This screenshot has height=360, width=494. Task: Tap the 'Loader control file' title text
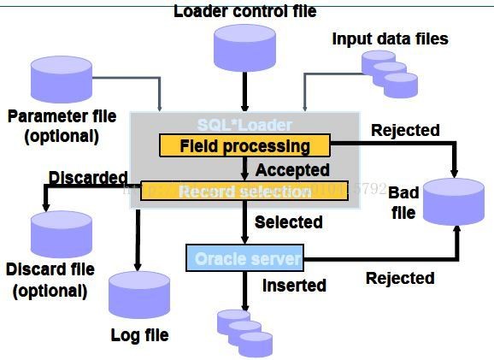tap(244, 11)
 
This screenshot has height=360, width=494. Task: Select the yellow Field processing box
tap(244, 145)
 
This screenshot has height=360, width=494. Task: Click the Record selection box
tap(244, 191)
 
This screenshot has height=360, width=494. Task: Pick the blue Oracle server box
tap(244, 257)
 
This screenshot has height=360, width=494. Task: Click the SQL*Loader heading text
tap(244, 125)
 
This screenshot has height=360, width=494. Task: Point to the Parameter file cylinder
tap(62, 78)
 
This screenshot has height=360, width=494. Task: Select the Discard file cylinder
tap(62, 234)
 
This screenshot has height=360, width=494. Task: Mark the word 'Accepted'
tap(292, 169)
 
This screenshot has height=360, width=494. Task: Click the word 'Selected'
tap(289, 222)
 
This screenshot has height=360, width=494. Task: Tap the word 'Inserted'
tap(294, 285)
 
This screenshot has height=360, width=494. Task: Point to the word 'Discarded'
tap(88, 177)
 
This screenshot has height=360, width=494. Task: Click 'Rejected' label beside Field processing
tap(405, 130)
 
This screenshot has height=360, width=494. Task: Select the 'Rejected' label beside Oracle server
tap(400, 278)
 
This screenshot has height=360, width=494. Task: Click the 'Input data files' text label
tap(390, 38)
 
